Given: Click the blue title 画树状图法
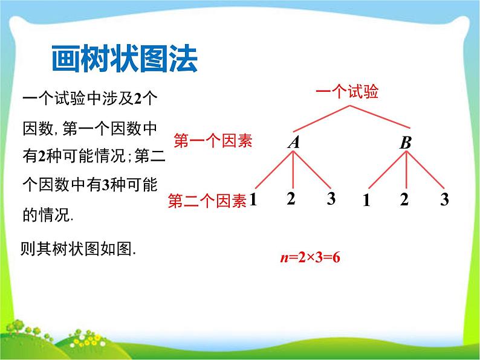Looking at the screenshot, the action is (125, 59).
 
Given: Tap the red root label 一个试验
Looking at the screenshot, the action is (347, 91).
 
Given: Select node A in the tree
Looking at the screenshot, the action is (294, 142).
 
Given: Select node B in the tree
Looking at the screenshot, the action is (406, 143).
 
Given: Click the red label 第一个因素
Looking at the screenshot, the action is (213, 141).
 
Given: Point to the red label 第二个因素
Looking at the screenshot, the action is (207, 201).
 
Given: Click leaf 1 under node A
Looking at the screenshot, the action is (253, 200).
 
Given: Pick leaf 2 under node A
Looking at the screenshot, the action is (291, 199).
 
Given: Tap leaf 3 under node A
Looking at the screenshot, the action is (331, 199).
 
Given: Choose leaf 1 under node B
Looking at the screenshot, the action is (366, 201).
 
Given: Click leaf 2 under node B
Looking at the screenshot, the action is (404, 199).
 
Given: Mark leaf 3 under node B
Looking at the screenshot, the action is (444, 199).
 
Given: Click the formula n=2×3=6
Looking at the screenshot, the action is (310, 257).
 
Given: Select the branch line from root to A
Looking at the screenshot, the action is (322, 118).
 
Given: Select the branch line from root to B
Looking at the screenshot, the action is (380, 117).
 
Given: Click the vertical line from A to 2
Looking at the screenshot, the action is (293, 170).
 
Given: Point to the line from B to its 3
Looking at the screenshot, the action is (425, 170).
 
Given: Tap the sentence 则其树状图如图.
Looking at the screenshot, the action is (78, 249).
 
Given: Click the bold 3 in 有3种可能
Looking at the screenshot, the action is (105, 185).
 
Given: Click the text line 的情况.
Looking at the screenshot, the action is (48, 214).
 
